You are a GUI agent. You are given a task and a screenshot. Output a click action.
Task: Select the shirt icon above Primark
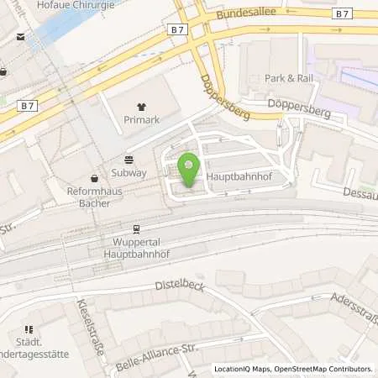pyautogui.click(x=140, y=107)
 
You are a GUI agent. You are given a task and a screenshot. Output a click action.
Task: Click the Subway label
pyautogui.click(x=129, y=173)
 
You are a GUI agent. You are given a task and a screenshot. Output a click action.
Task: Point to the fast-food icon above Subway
pyautogui.click(x=129, y=159)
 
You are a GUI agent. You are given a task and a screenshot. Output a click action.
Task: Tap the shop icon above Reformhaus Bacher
pyautogui.click(x=94, y=177)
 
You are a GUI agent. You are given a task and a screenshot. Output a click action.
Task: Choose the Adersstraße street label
pyautogui.click(x=354, y=302)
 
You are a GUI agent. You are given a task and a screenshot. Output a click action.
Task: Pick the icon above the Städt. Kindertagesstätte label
pyautogui.click(x=28, y=329)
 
